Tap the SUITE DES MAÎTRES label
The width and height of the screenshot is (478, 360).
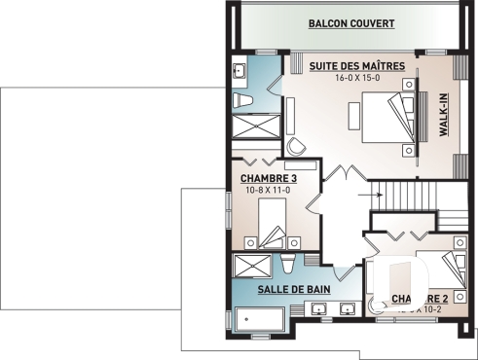click(350, 66)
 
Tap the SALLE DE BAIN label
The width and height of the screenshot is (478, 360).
click(293, 289)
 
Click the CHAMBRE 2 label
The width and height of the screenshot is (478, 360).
click(420, 298)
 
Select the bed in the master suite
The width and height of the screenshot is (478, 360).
click(385, 116)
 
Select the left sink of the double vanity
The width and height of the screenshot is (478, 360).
click(319, 309)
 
